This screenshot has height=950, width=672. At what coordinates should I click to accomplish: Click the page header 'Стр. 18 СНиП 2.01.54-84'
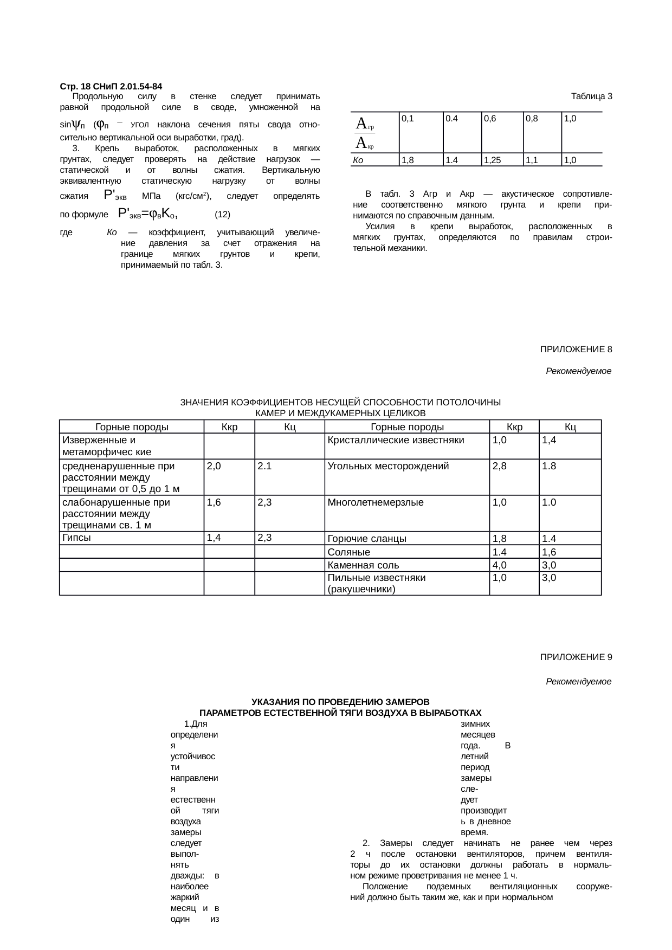pos(111,87)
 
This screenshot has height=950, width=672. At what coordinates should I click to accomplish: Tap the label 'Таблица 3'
pos(591,96)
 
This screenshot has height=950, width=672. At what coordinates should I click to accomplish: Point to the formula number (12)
pos(223,215)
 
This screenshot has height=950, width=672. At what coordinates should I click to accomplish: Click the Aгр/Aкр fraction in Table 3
pos(365,133)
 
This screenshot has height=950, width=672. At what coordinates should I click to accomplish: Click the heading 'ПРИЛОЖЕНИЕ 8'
pos(576,350)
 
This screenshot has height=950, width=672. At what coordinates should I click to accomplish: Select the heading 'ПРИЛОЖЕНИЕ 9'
pos(576,657)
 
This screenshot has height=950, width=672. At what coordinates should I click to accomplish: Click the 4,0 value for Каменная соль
pos(499,565)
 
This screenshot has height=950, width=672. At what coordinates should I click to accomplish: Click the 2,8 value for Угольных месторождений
pos(499,466)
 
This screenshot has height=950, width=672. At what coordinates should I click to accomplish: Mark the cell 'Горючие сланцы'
pos(359,539)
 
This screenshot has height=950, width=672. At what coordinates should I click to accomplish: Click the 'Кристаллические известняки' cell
pos(396,440)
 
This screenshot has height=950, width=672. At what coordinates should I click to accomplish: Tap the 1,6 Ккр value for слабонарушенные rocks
pos(214,502)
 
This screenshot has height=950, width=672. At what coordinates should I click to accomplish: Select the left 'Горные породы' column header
pos(132,427)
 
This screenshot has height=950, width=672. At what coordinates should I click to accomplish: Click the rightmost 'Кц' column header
pos(570,427)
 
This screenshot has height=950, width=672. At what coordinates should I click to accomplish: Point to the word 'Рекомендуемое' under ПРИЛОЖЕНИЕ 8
pos(578,372)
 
